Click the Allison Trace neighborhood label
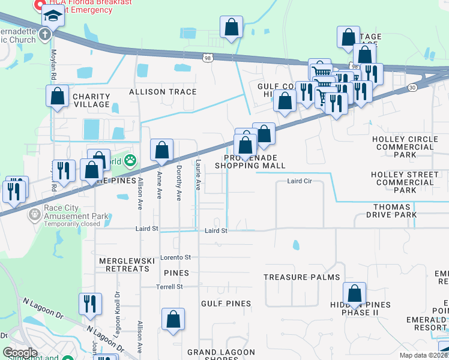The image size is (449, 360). [x=163, y=92]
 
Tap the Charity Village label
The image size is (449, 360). [x=91, y=100]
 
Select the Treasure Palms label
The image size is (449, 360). [x=302, y=277]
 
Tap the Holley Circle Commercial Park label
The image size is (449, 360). [x=405, y=146]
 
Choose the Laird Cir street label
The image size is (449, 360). [x=300, y=181]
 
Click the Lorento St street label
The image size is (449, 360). [x=175, y=257]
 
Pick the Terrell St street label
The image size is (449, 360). [x=170, y=287]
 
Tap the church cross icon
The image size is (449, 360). [x=46, y=34]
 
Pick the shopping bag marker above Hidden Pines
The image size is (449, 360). [x=354, y=293]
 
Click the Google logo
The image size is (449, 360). [x=20, y=353]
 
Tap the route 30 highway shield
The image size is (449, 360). [x=411, y=88]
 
